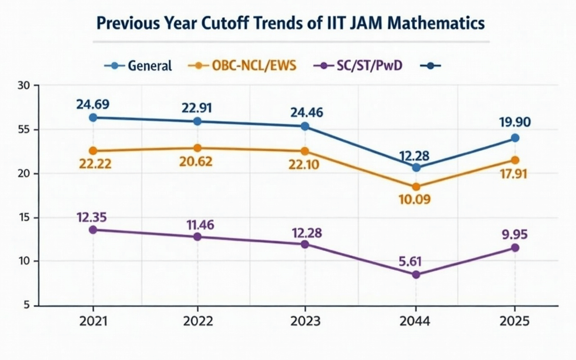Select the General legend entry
coord(138,65)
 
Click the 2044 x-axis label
coord(416,322)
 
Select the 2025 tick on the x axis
coord(515,322)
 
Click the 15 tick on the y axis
coord(23,217)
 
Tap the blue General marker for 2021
coord(93,118)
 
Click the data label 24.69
coord(93,103)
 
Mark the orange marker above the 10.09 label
coord(416,187)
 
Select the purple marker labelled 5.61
coord(416,275)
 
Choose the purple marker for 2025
coord(515,248)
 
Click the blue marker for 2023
coord(305,126)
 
